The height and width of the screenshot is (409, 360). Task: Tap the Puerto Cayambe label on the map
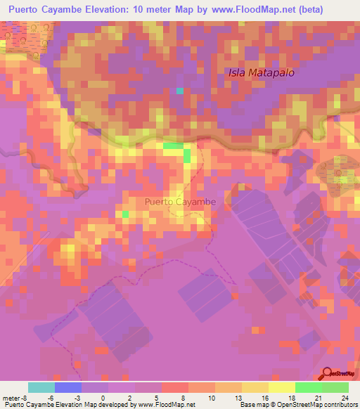179,202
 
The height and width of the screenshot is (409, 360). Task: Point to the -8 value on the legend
23,397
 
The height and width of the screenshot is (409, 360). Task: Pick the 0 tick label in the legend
103,397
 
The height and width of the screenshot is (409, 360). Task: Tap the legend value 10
210,397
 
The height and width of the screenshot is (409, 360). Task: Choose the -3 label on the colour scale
77,397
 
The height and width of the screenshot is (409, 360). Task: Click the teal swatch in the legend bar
41,387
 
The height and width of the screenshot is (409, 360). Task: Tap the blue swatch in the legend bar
68,387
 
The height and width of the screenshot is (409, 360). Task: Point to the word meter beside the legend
10,397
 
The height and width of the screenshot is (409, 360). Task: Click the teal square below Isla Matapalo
180,91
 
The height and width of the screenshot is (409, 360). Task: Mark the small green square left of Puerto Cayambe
125,214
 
